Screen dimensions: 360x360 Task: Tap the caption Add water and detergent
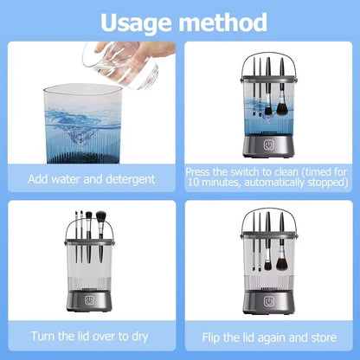[92, 179]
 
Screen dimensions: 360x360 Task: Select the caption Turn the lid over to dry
[92, 335]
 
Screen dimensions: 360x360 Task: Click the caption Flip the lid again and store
[267, 335]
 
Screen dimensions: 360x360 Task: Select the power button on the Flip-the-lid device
[267, 303]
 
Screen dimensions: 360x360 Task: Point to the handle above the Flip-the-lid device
[267, 213]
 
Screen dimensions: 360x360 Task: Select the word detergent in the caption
[127, 179]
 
